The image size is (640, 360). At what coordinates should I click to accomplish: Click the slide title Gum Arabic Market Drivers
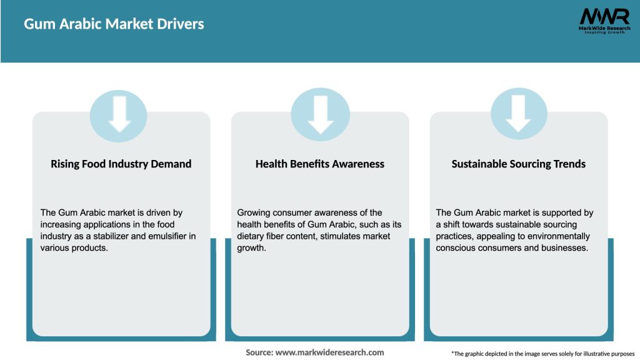[114, 24]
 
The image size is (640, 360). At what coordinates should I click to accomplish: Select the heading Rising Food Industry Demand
[121, 164]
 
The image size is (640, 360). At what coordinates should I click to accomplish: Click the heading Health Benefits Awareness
[320, 164]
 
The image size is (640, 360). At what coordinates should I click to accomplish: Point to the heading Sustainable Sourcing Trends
[519, 164]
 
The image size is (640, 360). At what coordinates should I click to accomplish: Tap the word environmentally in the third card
[559, 236]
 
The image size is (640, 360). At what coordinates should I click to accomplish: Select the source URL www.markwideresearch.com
[329, 352]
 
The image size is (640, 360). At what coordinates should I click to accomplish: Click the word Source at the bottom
[259, 352]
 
